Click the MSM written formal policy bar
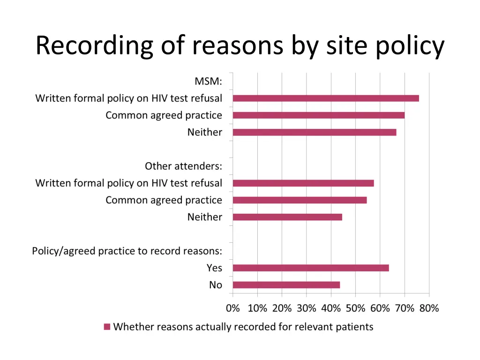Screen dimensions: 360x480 pyautogui.click(x=326, y=98)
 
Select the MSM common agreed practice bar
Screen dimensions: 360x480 pyautogui.click(x=318, y=115)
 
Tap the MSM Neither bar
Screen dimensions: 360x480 pyautogui.click(x=314, y=132)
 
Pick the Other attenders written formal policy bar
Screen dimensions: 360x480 pyautogui.click(x=303, y=183)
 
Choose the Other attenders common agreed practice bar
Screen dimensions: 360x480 pyautogui.click(x=300, y=200)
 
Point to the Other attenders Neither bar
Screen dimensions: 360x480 pyautogui.click(x=287, y=217)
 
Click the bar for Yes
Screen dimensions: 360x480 pyautogui.click(x=310, y=268)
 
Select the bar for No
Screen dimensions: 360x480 pyautogui.click(x=286, y=285)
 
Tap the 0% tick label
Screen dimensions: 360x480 pyautogui.click(x=233, y=308)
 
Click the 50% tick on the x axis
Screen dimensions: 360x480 pyautogui.click(x=355, y=308)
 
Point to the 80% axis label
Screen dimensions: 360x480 pyautogui.click(x=429, y=308)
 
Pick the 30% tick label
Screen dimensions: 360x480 pyautogui.click(x=307, y=308)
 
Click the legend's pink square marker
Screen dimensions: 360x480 pyautogui.click(x=107, y=327)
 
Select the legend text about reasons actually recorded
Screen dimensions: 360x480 pyautogui.click(x=243, y=327)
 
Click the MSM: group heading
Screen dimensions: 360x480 pyautogui.click(x=208, y=82)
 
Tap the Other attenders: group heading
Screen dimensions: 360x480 pyautogui.click(x=183, y=166)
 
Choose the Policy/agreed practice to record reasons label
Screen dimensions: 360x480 pyautogui.click(x=127, y=251)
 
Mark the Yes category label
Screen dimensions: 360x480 pyautogui.click(x=214, y=268)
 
